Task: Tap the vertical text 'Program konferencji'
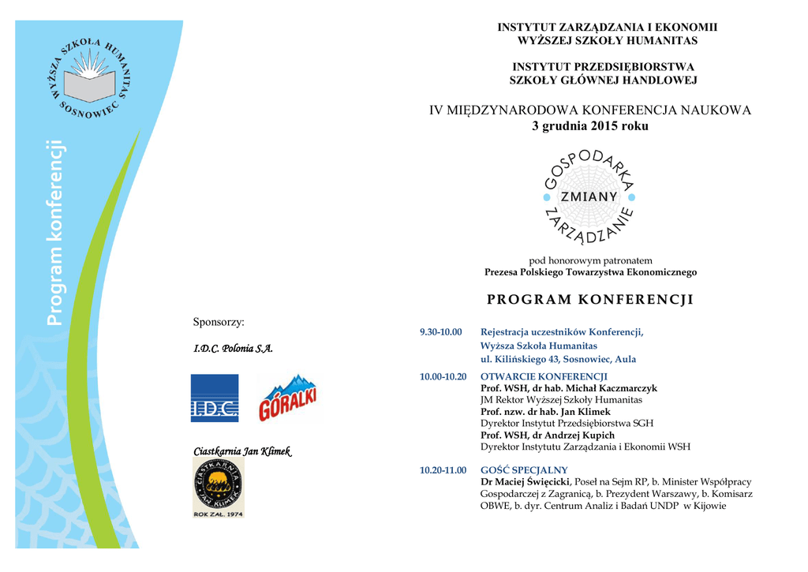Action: (x=54, y=233)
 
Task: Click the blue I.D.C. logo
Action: (x=214, y=398)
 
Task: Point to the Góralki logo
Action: (x=288, y=398)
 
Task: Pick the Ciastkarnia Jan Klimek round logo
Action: (x=219, y=487)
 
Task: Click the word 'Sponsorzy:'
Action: (x=219, y=322)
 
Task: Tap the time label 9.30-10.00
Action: (x=440, y=332)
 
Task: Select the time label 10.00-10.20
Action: (x=443, y=377)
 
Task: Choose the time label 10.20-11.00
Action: (x=443, y=470)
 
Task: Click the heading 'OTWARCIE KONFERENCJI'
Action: (x=544, y=377)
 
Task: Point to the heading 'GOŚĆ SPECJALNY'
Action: (x=524, y=470)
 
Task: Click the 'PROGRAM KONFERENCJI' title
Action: (x=589, y=300)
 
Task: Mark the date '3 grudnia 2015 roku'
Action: (x=589, y=126)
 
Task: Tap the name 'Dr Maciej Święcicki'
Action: (x=525, y=482)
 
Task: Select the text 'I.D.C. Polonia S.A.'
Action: (x=233, y=349)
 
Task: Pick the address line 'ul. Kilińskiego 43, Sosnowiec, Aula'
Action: (x=558, y=359)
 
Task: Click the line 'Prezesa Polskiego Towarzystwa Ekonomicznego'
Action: (x=590, y=272)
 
